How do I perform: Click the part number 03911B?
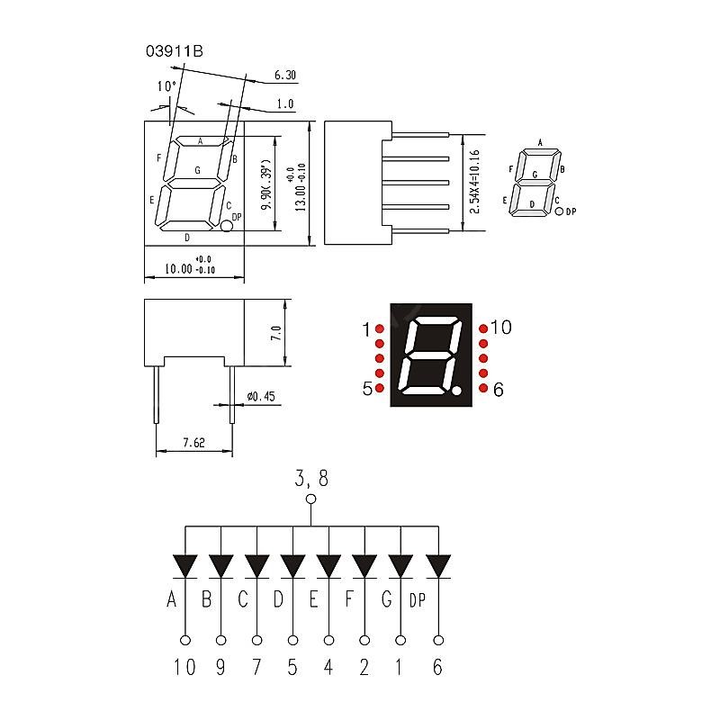[174, 51]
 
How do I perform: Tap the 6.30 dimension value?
[284, 76]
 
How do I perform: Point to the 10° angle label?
[166, 87]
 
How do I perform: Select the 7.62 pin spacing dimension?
[194, 442]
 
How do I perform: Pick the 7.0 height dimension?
[276, 332]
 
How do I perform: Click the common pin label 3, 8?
[311, 479]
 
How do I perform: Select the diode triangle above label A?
[185, 566]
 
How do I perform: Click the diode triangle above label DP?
[438, 566]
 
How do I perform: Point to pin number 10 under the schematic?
[184, 667]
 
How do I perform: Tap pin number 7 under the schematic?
[256, 667]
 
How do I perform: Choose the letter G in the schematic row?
[387, 599]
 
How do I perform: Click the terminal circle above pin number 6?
[438, 641]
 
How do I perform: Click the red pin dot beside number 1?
[380, 329]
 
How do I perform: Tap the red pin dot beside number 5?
[380, 388]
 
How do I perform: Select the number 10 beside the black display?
[501, 328]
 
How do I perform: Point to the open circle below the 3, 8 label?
[311, 499]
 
